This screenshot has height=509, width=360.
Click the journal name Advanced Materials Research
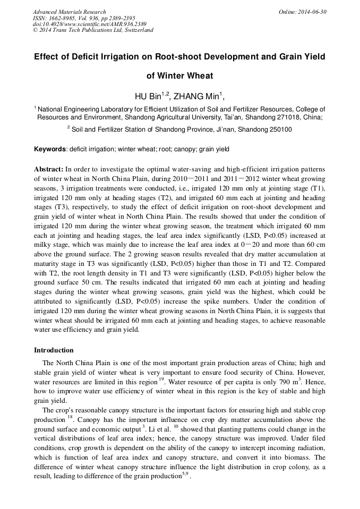coord(69,12)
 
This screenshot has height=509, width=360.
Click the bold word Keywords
coord(51,149)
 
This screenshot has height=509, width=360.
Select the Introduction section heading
coord(54,350)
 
